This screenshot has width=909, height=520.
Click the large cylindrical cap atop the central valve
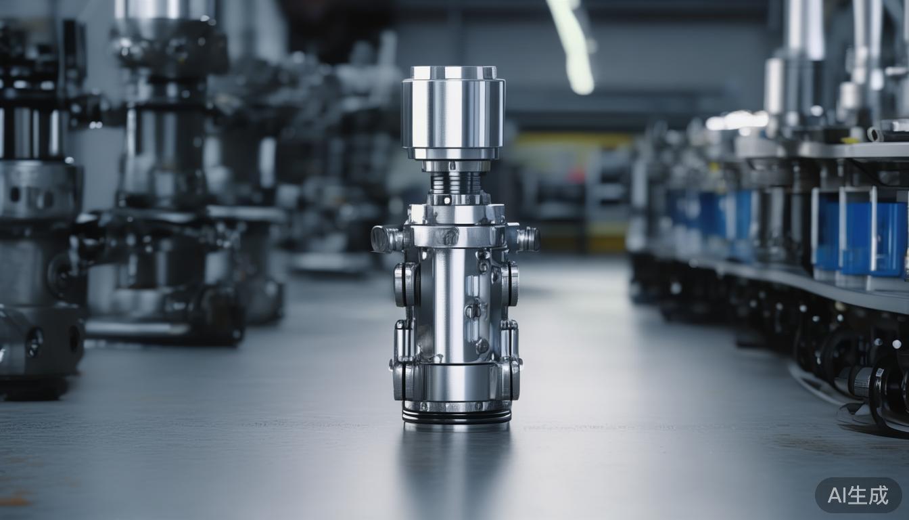click(x=453, y=112)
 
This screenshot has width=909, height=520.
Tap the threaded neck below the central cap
click(x=454, y=181)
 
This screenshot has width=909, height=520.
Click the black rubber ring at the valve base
click(x=457, y=416)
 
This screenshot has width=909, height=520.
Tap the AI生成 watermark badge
click(x=858, y=495)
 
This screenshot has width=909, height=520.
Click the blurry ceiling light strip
click(x=572, y=44)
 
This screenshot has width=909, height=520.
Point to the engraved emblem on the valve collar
click(x=447, y=236)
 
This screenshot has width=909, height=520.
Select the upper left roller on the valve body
click(x=406, y=284)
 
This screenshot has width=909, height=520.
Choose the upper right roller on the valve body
click(x=511, y=284)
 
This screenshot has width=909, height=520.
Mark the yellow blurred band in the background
click(x=568, y=142)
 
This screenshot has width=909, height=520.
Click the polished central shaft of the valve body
click(x=448, y=305)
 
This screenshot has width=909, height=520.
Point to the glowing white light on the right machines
click(x=737, y=121)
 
